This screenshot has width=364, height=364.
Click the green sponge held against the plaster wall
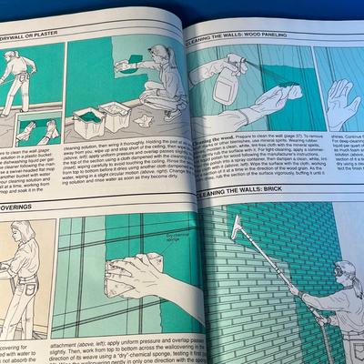pyautogui.click(x=134, y=59)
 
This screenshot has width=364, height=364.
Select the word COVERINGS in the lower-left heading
pyautogui.click(x=27, y=207)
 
